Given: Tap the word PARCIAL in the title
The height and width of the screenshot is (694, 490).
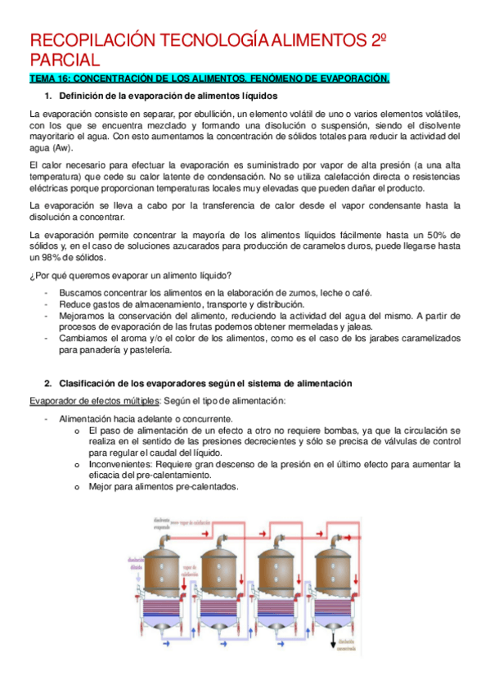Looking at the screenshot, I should coord(65,61).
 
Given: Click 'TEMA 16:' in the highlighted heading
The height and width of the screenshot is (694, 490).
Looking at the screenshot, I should coord(50,79).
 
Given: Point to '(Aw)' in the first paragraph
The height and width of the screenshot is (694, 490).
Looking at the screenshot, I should coord(61,148).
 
